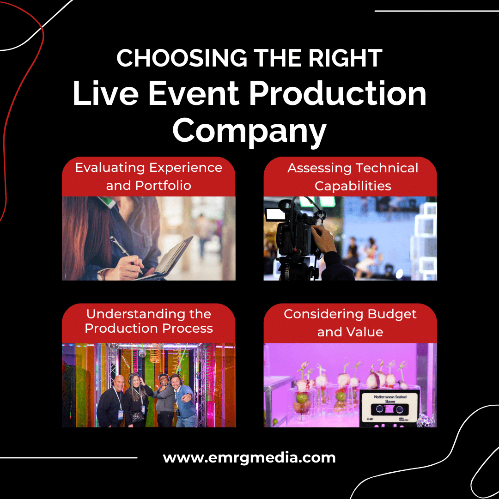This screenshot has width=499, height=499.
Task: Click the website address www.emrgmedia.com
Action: [x=249, y=458]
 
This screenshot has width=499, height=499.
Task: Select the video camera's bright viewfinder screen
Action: [x=273, y=213]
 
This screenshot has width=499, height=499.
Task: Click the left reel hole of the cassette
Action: [x=379, y=408]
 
